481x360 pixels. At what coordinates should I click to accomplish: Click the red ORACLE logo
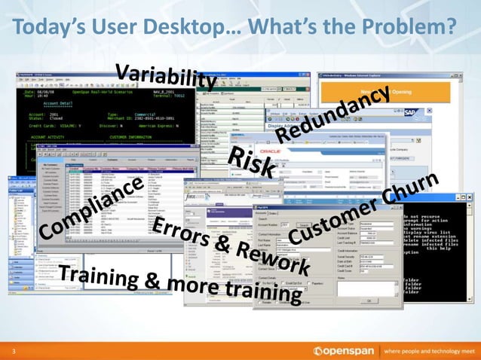[290, 148]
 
